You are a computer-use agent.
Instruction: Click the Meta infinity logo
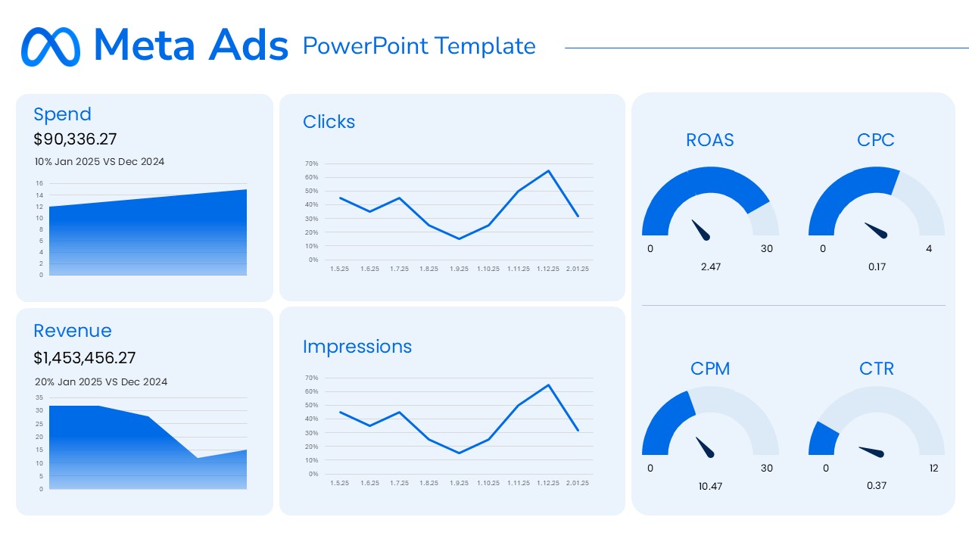point(50,47)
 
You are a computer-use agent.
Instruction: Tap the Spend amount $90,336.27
point(75,139)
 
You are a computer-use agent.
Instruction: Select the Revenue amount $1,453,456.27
point(85,358)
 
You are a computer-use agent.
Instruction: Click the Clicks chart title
point(329,122)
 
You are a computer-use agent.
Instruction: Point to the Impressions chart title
point(357,347)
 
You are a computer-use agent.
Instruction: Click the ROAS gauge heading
point(709,140)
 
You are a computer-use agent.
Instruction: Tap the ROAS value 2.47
point(710,266)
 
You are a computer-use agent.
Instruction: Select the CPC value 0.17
point(877,266)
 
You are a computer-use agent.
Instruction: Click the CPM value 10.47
point(710,486)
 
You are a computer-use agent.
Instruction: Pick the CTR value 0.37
point(877,485)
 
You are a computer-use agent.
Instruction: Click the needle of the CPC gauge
point(876,229)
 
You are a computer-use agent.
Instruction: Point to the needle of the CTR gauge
point(872,451)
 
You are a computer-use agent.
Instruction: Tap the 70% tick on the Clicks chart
point(311,163)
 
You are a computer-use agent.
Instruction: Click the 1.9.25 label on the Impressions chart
point(458,483)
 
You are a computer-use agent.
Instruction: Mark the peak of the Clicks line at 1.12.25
point(548,170)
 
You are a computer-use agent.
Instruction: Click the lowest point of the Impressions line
point(459,453)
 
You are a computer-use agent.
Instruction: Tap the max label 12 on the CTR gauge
point(933,469)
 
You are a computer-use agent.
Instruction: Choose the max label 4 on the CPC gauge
point(929,249)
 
